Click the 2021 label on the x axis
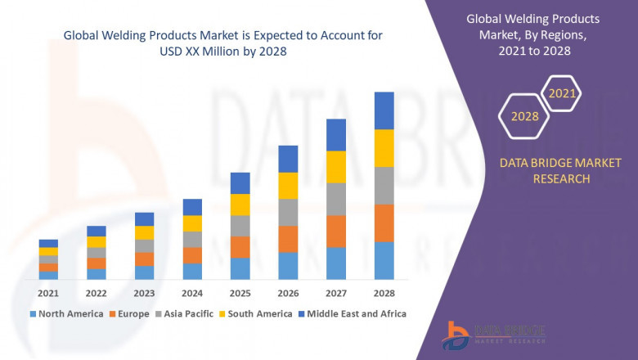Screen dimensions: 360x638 (x=49, y=293)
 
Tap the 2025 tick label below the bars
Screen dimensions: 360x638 (x=240, y=293)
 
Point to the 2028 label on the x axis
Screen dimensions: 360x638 (x=384, y=293)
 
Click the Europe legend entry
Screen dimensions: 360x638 (x=133, y=313)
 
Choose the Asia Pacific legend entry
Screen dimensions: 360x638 (x=191, y=313)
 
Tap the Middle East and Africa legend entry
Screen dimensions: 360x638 (x=357, y=313)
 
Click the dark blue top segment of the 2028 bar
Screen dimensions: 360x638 (x=384, y=110)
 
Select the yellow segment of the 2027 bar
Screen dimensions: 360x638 (x=336, y=167)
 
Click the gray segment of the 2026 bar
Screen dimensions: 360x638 (x=288, y=212)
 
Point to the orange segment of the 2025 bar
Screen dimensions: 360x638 (x=240, y=247)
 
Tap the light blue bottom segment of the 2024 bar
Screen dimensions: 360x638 (x=192, y=271)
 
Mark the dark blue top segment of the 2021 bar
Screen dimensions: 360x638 (x=49, y=243)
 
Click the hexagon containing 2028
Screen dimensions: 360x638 (x=524, y=116)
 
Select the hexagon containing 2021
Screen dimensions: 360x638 (x=562, y=93)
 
